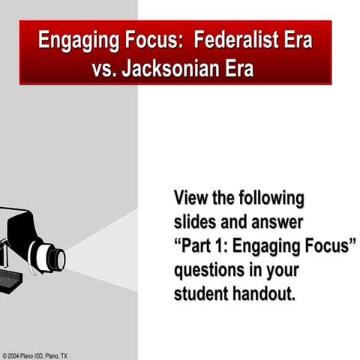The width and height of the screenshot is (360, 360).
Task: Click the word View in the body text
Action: (192, 199)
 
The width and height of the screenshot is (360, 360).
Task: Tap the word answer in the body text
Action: (274, 222)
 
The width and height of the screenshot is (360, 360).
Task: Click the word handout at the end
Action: (265, 293)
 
